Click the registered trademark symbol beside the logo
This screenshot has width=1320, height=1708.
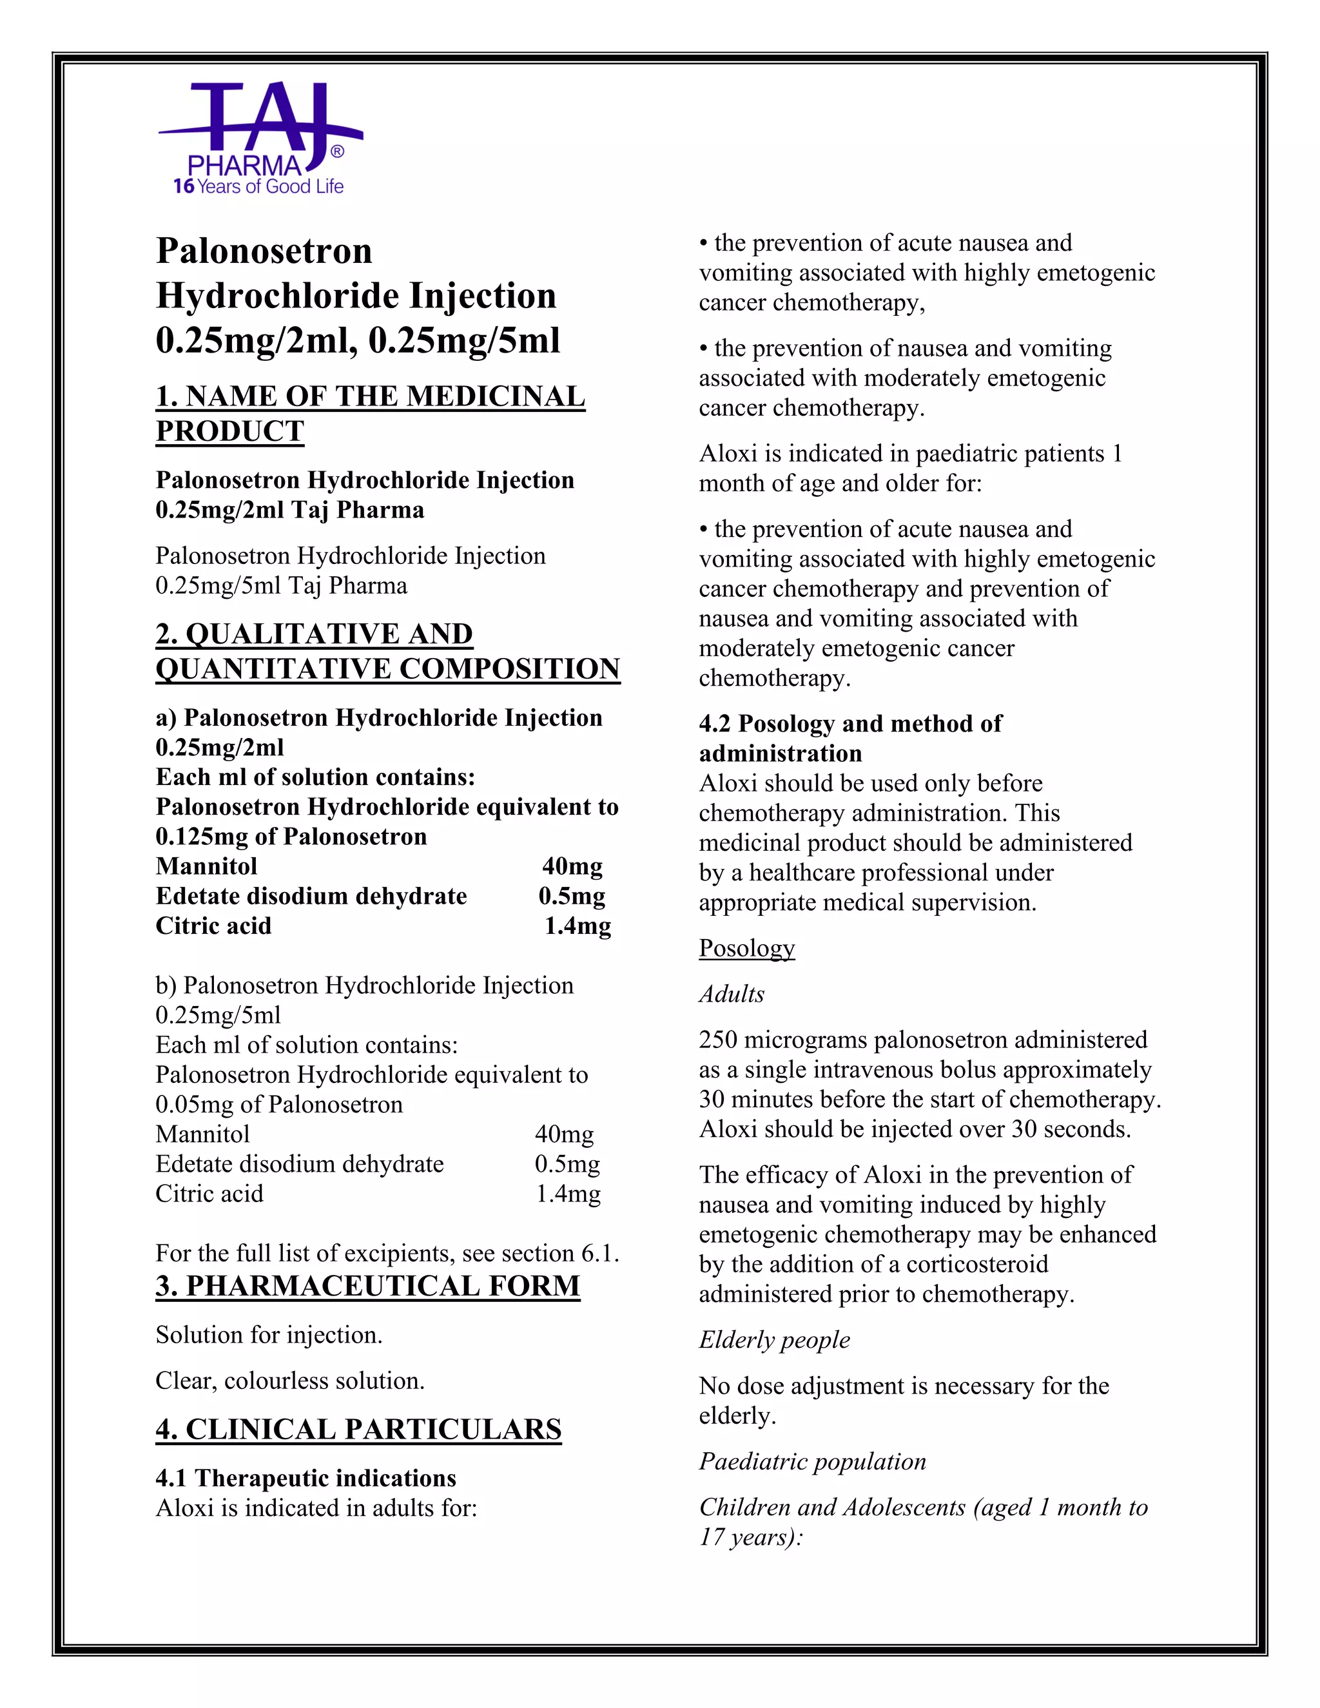click(x=337, y=151)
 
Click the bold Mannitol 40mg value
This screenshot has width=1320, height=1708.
click(x=572, y=866)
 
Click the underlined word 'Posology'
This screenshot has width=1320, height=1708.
click(x=747, y=948)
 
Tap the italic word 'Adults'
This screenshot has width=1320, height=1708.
click(x=731, y=994)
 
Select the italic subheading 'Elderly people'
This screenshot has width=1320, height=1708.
click(x=774, y=1340)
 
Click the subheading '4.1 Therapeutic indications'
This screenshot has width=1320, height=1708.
click(x=306, y=1478)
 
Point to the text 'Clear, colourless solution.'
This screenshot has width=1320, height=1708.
click(x=290, y=1381)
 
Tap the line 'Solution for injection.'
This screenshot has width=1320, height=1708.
click(x=269, y=1334)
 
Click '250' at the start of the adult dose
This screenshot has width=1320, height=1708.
click(x=718, y=1040)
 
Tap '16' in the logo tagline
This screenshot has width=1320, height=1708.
click(x=184, y=186)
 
